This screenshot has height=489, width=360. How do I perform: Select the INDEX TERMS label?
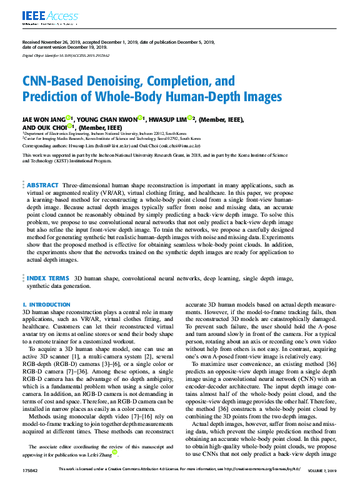click(48, 277)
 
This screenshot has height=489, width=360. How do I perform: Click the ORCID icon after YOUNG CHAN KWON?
click(141, 118)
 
